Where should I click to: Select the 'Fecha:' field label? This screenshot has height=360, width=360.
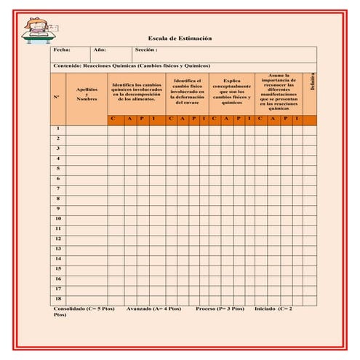click(x=62, y=50)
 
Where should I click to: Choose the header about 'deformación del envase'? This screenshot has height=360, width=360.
click(x=188, y=92)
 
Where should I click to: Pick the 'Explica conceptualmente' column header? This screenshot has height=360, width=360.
click(x=232, y=92)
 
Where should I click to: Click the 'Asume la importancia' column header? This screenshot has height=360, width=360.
click(x=279, y=91)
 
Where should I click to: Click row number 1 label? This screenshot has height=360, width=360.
click(x=57, y=128)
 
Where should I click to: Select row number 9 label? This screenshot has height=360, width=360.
click(x=57, y=208)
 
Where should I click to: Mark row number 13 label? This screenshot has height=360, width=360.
click(x=57, y=249)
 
